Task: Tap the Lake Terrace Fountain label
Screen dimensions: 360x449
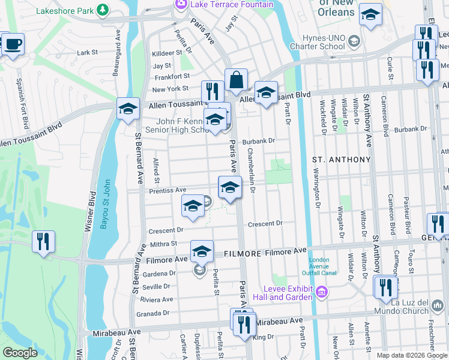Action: coord(231,4)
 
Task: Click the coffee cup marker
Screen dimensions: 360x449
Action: coord(12,43)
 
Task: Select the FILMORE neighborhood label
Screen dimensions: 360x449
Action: coord(242,254)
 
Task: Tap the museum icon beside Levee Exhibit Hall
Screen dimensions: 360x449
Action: coord(322,292)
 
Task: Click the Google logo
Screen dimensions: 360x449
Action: coord(20,353)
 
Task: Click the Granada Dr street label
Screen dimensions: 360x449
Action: coord(154,313)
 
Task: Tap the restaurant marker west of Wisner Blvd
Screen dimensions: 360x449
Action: coord(43,242)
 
